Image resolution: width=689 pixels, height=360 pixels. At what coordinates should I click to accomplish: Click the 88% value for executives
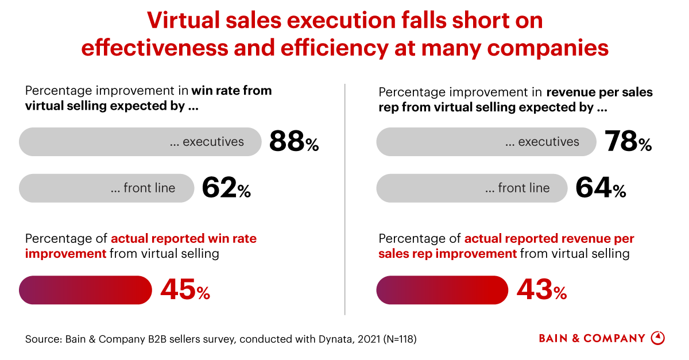pos(293,142)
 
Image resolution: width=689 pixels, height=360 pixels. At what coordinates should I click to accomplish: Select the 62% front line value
pos(226,188)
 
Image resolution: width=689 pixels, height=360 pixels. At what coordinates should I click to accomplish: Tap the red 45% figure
pos(185,290)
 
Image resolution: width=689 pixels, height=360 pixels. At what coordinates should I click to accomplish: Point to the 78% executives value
pos(628,142)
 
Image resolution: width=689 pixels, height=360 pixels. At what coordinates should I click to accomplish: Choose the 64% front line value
pos(601,188)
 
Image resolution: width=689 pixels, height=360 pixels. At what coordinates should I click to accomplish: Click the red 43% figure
pos(541,290)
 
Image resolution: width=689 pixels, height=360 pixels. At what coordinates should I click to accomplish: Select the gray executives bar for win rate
pos(140,142)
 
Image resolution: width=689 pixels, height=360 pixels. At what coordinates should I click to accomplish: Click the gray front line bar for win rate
pos(106,188)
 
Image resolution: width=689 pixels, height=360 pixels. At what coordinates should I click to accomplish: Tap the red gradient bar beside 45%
pos(86,290)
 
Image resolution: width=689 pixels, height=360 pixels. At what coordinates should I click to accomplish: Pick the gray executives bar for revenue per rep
pos(486,142)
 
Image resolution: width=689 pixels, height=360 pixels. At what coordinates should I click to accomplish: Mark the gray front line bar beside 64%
pos(471,188)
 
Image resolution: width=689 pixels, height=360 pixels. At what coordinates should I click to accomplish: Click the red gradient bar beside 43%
pos(442,290)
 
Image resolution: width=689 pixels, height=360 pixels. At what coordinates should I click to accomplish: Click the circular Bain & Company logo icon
pos(658,338)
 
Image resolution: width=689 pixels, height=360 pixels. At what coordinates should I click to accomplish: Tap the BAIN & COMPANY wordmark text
pos(592,338)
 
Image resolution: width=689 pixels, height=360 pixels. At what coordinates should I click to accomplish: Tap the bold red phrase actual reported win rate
pos(184,239)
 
